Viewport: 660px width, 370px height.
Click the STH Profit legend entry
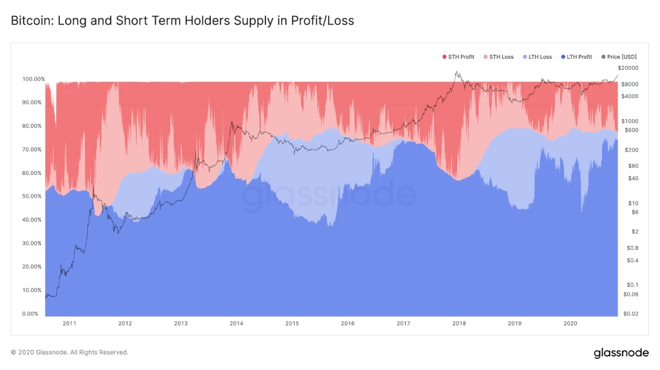pyautogui.click(x=460, y=57)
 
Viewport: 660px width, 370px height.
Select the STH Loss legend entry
pyautogui.click(x=501, y=57)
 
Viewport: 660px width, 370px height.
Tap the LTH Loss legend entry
pyautogui.click(x=539, y=57)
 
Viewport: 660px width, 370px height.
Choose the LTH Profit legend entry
pyautogui.click(x=579, y=57)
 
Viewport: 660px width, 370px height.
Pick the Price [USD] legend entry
pyautogui.click(x=621, y=57)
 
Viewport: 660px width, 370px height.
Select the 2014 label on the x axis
pyautogui.click(x=237, y=324)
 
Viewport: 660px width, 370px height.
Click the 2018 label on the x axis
pyautogui.click(x=459, y=324)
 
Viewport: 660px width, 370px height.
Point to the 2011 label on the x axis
pyautogui.click(x=70, y=324)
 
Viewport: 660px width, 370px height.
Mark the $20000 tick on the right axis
pyautogui.click(x=628, y=68)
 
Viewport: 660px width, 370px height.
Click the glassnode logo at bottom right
pyautogui.click(x=620, y=353)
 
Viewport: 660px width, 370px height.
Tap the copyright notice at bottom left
pyautogui.click(x=70, y=353)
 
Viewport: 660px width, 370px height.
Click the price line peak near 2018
pyautogui.click(x=456, y=72)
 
